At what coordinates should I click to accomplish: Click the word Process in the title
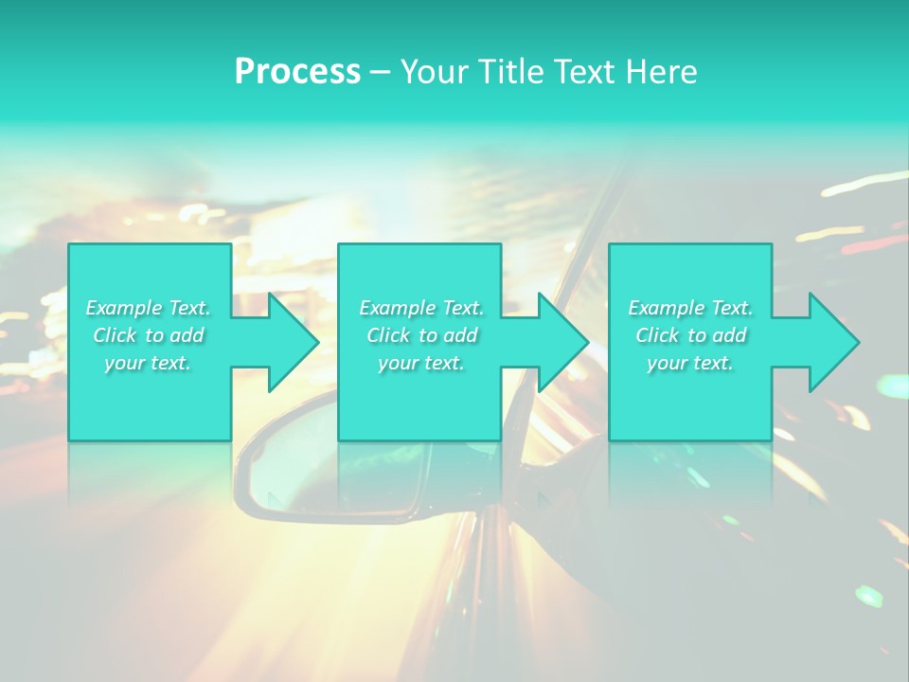[x=297, y=72]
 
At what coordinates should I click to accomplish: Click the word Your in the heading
[x=433, y=72]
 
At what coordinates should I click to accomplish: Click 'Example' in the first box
[x=124, y=308]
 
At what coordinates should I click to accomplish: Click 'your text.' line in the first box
[x=148, y=363]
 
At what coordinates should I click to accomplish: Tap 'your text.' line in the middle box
[x=420, y=363]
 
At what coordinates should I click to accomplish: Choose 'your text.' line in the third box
[x=689, y=363]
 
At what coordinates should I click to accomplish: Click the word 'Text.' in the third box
[x=732, y=308]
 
